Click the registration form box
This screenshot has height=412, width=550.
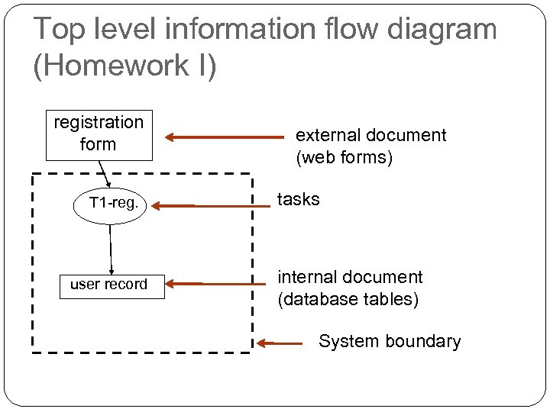(99, 134)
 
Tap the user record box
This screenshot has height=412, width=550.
(112, 285)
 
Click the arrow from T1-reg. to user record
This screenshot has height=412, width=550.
(112, 249)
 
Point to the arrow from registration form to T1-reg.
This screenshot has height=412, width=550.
(106, 173)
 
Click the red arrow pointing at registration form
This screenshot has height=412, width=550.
(224, 138)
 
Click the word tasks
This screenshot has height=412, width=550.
(298, 200)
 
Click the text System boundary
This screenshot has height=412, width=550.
(390, 341)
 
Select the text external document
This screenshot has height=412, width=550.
(370, 136)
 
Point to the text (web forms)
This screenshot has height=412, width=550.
(344, 158)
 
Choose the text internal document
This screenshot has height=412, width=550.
(349, 277)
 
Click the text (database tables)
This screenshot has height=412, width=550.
(348, 299)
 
